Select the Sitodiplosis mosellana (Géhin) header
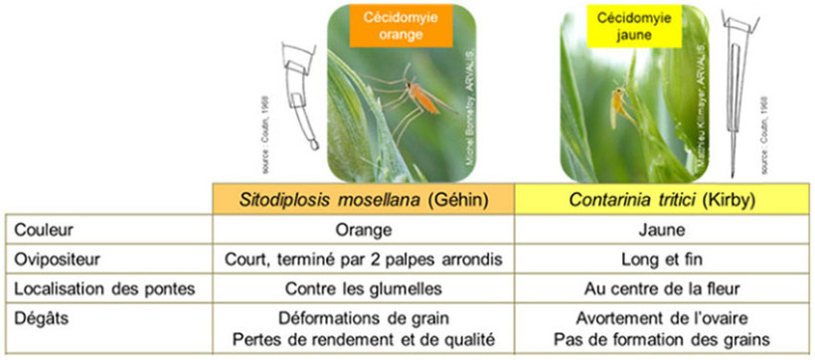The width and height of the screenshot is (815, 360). [x=364, y=197]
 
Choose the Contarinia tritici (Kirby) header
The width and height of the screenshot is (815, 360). [x=664, y=197]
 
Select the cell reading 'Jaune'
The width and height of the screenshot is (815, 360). [x=664, y=228]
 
